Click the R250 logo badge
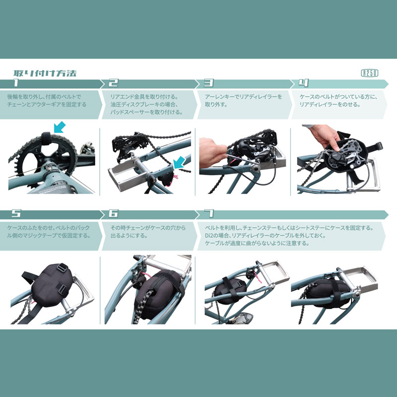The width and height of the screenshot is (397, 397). (x=369, y=73)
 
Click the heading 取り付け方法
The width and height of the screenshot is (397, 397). (x=45, y=73)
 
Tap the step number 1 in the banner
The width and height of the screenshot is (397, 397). (x=16, y=83)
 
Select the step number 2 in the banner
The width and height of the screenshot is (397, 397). (x=113, y=83)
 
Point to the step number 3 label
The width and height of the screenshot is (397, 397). (x=209, y=83)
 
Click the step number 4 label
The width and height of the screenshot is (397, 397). (x=304, y=83)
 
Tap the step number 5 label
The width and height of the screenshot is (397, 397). (x=16, y=214)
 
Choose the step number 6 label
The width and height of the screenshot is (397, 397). (x=113, y=214)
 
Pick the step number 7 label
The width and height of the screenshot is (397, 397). (x=209, y=214)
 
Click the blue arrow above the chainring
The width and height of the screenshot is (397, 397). (x=60, y=127)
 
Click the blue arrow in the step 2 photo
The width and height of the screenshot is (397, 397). (x=180, y=162)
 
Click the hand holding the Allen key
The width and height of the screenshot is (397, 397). (x=212, y=153)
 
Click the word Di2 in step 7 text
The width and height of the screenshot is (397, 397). (x=209, y=236)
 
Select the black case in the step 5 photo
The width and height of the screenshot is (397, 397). (x=52, y=285)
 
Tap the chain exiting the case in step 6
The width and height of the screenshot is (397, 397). (x=143, y=306)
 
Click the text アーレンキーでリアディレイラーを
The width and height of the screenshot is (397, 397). (x=243, y=97)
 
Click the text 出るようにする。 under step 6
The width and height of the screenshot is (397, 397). (x=129, y=236)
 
